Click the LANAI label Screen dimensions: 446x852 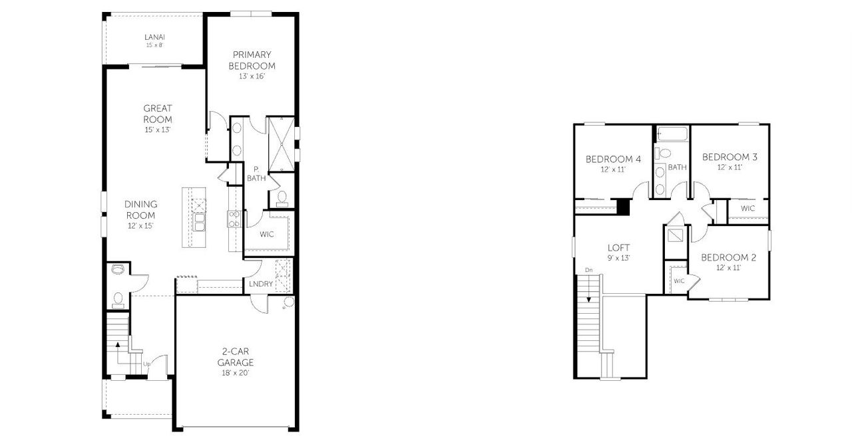(x=154, y=37)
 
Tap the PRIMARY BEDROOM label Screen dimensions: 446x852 (x=252, y=60)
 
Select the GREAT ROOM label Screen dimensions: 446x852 (x=158, y=114)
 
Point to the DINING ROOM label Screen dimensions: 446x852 (x=140, y=209)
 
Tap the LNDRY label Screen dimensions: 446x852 (x=260, y=284)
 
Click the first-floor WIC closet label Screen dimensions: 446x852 (x=268, y=234)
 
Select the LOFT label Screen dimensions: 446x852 (x=619, y=248)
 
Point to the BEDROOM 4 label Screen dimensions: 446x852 (x=613, y=160)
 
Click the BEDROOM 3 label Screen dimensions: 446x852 (x=730, y=158)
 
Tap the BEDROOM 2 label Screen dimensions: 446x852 (x=728, y=258)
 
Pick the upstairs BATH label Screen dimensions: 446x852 (x=678, y=167)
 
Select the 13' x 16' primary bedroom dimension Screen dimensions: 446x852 (x=252, y=76)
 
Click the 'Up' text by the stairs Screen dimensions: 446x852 (x=146, y=364)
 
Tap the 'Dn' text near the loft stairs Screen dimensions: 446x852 (x=588, y=270)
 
